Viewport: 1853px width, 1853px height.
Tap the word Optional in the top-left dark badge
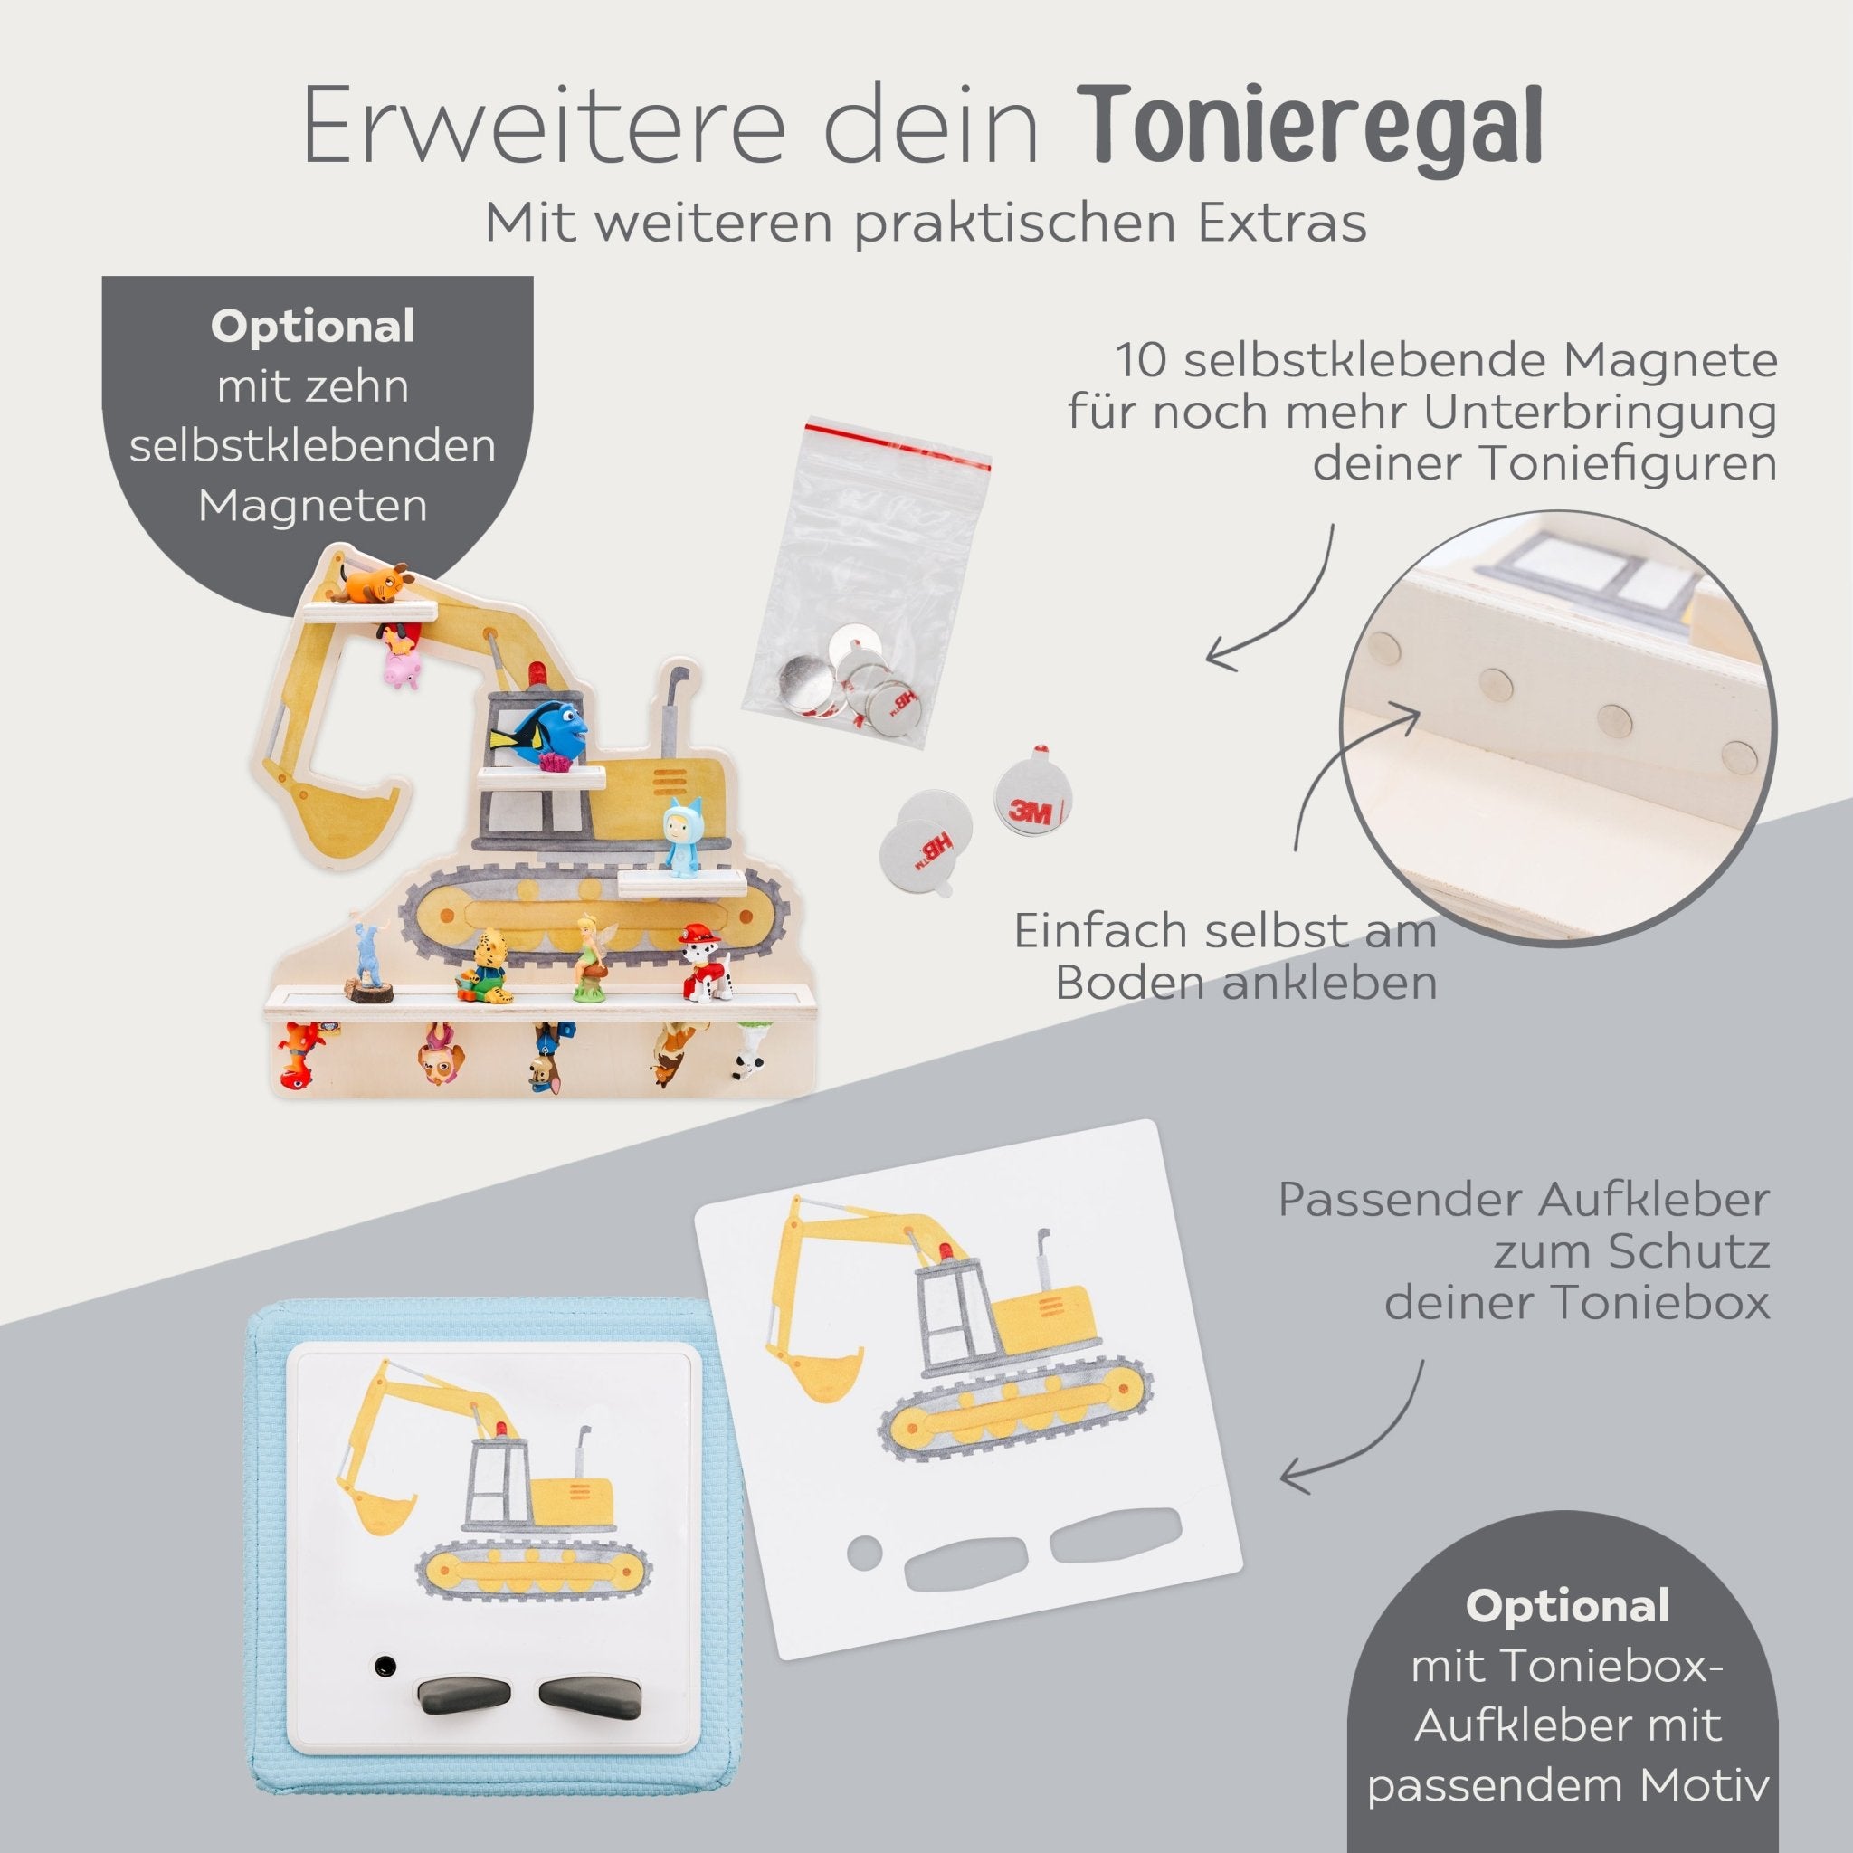tap(313, 327)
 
